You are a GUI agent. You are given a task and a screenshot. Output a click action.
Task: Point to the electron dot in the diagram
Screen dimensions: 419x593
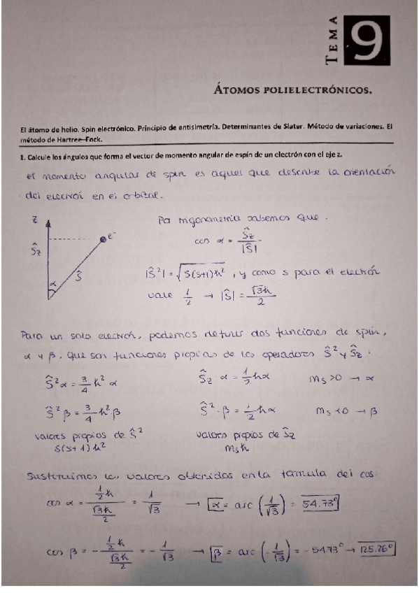click(103, 240)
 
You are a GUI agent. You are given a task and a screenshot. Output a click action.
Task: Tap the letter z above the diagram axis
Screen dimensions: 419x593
click(34, 219)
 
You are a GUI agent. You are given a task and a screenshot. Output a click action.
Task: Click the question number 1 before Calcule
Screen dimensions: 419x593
click(22, 157)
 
